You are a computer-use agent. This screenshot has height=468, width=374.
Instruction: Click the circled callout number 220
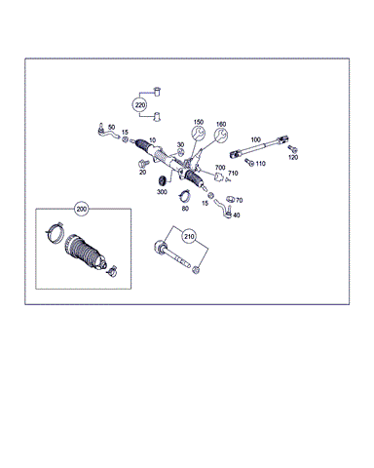(x=140, y=105)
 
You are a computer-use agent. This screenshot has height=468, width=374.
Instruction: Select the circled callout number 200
(x=82, y=209)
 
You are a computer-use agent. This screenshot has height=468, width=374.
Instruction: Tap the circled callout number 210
(x=189, y=236)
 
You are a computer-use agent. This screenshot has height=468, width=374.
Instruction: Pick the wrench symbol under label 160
(x=221, y=135)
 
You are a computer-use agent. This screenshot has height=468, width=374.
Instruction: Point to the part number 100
(x=256, y=139)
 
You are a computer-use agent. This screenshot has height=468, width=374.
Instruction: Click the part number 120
(x=293, y=157)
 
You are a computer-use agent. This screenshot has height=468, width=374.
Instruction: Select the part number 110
(x=260, y=164)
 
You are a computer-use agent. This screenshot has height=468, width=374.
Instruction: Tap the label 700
(x=220, y=168)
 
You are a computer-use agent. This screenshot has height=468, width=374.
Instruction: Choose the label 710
(x=233, y=173)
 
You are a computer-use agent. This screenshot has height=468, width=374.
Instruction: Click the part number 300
(x=162, y=192)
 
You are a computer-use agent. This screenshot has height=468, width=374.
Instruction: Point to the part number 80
(x=185, y=209)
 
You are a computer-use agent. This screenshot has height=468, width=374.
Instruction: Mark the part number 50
(x=111, y=127)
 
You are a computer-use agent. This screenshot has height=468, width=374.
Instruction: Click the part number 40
(x=237, y=215)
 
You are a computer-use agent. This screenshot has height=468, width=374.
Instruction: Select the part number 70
(x=240, y=201)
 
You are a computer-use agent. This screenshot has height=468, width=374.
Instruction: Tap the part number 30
(x=180, y=144)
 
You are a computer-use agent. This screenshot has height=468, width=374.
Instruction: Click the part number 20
(x=142, y=172)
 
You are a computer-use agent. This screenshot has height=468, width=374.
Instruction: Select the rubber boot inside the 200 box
(x=86, y=252)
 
